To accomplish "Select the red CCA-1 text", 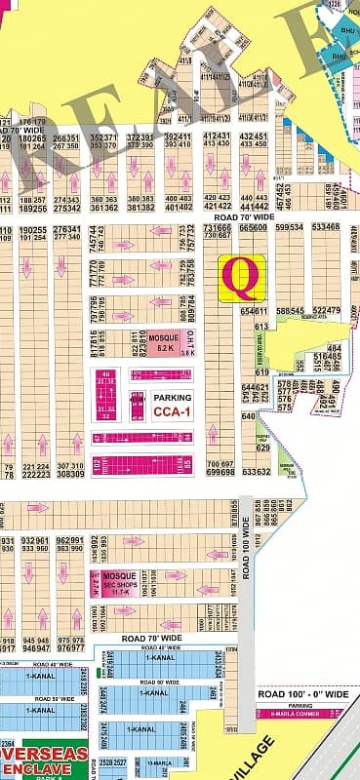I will (172, 412).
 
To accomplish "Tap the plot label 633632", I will (256, 472).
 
